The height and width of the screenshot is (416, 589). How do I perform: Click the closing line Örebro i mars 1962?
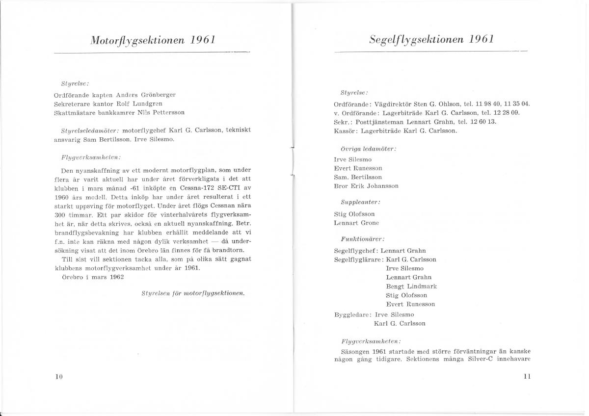click(x=92, y=277)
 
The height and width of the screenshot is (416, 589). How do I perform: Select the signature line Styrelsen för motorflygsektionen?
click(x=193, y=293)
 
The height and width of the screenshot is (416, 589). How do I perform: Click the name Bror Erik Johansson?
click(x=366, y=186)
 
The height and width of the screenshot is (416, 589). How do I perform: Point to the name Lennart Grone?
click(x=356, y=223)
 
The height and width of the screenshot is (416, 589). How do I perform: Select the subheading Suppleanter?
click(x=360, y=202)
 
